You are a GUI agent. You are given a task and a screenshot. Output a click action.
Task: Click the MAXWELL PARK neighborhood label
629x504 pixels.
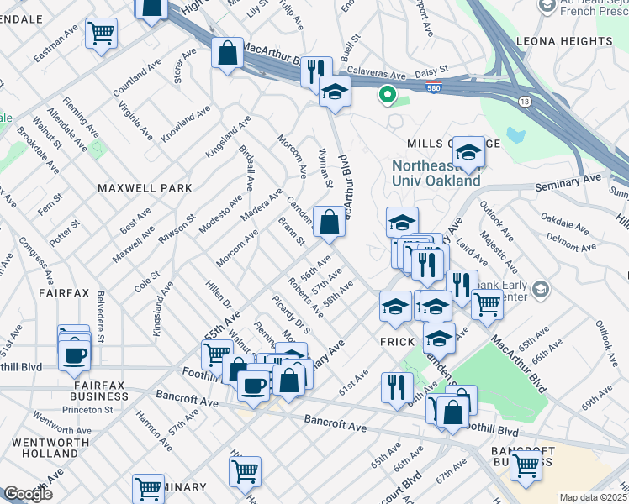click(x=144, y=188)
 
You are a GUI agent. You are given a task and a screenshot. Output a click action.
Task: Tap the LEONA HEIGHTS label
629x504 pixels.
click(x=577, y=39)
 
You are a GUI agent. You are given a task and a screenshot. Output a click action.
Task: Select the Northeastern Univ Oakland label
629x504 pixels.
click(x=436, y=171)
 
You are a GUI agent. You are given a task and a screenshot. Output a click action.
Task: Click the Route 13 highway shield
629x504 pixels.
click(x=525, y=101)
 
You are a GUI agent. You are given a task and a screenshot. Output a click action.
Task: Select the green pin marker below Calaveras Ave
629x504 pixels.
click(x=387, y=95)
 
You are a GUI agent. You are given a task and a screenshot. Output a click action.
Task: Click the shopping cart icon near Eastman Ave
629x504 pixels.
click(x=101, y=34)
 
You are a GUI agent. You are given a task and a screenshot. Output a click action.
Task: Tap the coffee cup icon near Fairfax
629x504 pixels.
click(x=74, y=354)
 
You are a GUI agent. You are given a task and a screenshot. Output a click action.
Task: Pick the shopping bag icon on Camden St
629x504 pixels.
click(x=329, y=223)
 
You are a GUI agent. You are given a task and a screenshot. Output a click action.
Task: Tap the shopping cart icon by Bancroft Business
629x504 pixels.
click(x=526, y=465)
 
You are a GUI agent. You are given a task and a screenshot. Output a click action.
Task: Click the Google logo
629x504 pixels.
click(x=28, y=494)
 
